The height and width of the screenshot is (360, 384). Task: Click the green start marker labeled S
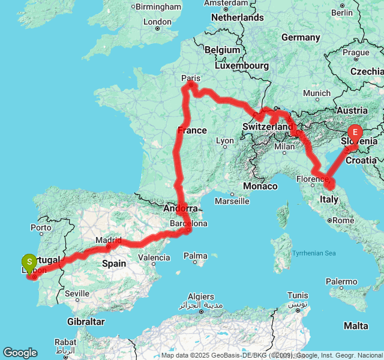[x=29, y=262]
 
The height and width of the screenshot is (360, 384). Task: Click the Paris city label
[x=190, y=78]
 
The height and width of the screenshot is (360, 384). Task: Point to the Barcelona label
[x=188, y=223]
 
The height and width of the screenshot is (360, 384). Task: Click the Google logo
[x=20, y=353]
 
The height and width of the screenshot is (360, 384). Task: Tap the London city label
[x=158, y=22]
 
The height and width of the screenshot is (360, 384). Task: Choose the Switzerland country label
[x=268, y=127]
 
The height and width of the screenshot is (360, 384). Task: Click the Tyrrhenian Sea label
[x=314, y=253]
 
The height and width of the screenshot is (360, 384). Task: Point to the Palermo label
[x=341, y=281]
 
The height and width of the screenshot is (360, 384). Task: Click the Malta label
[x=356, y=325]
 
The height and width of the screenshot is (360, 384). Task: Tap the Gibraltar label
[x=86, y=322]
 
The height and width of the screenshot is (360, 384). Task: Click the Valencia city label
[x=154, y=258]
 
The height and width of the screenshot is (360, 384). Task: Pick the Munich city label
[x=316, y=93]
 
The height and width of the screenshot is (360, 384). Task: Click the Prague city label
[x=356, y=52]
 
